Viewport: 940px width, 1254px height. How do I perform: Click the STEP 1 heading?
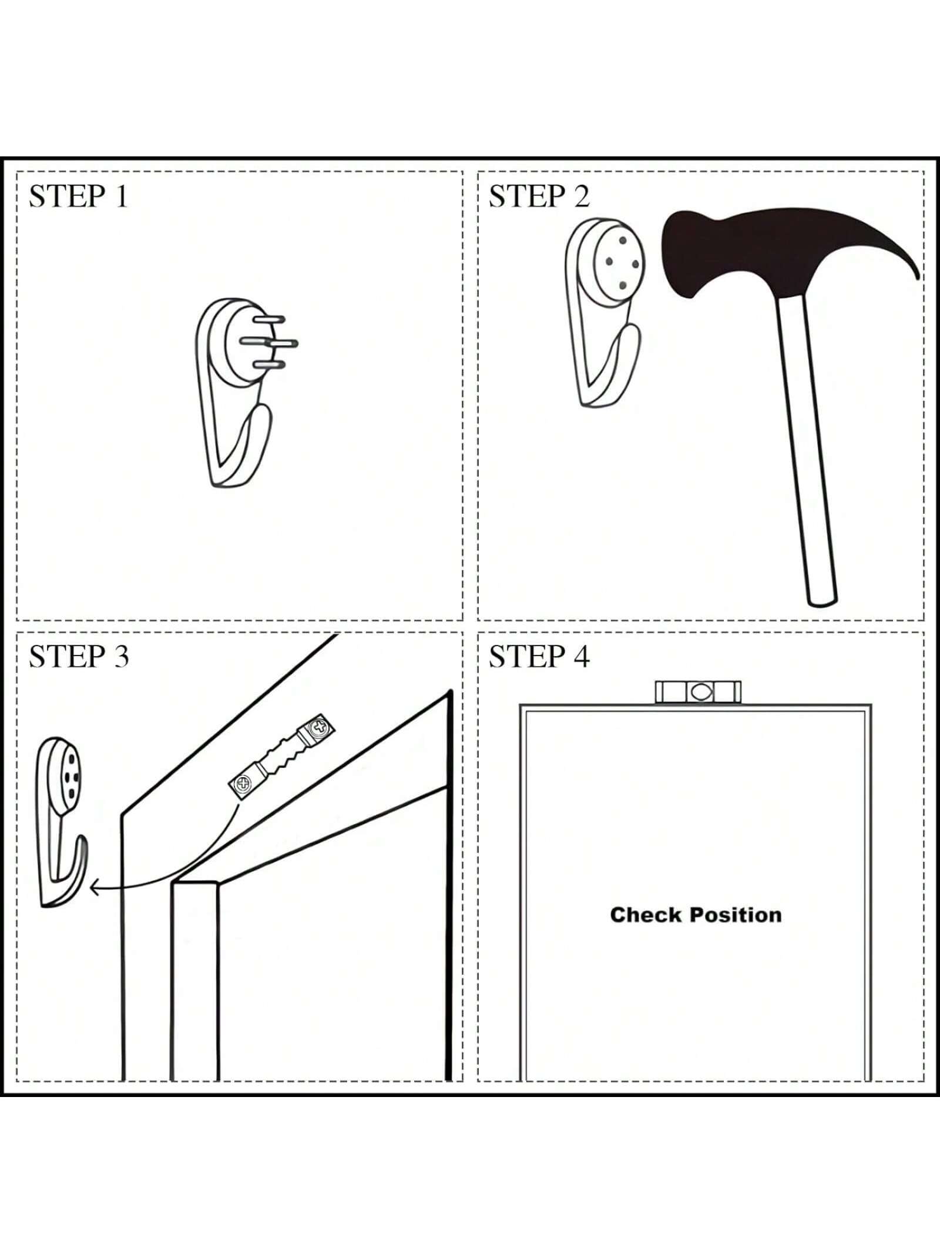coord(78,196)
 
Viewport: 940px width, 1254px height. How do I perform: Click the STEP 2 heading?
coord(539,196)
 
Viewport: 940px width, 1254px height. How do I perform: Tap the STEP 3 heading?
coord(79,656)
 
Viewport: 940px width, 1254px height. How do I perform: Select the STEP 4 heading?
coord(539,656)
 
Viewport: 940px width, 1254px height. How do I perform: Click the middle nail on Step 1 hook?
coord(270,342)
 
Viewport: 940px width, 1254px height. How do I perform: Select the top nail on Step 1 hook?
coord(270,319)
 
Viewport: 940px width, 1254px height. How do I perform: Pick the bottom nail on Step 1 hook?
coord(269,365)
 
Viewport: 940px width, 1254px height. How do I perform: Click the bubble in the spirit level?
coord(699,692)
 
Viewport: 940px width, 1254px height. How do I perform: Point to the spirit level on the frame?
coord(698,692)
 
